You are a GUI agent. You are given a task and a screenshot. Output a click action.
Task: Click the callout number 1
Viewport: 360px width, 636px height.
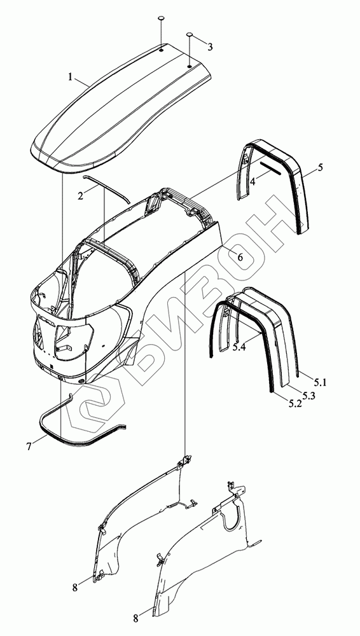(70, 77)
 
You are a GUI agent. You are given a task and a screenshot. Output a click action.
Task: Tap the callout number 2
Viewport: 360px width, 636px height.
(80, 195)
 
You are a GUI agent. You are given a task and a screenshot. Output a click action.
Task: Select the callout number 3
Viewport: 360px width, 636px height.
(209, 47)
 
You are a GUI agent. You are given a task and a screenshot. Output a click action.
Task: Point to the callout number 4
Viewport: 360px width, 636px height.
(253, 181)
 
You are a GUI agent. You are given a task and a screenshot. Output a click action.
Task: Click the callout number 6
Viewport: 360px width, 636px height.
(240, 257)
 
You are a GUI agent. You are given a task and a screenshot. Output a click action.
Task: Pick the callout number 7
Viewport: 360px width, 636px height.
(29, 446)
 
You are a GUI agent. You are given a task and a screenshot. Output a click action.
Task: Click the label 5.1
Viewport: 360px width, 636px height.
(320, 382)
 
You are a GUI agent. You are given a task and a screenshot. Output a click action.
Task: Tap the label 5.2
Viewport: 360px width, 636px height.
(295, 404)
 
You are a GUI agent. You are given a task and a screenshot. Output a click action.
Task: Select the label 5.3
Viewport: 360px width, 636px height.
(308, 396)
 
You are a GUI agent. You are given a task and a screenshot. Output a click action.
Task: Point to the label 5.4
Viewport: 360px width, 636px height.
(239, 348)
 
